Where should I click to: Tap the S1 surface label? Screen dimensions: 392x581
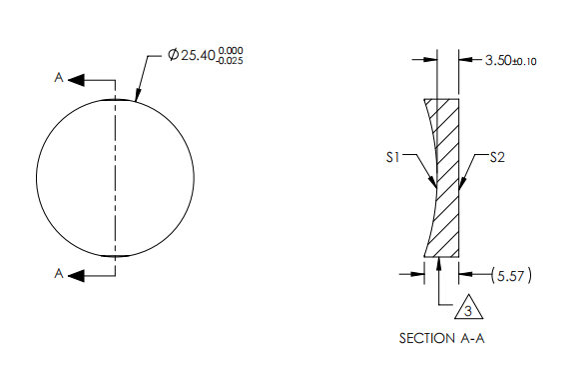pos(393,157)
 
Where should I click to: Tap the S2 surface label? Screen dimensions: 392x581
pos(499,157)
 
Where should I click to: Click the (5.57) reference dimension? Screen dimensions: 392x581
pos(509,273)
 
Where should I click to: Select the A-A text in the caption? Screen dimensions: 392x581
pos(471,339)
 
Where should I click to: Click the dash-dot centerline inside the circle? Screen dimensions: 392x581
pos(117,176)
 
